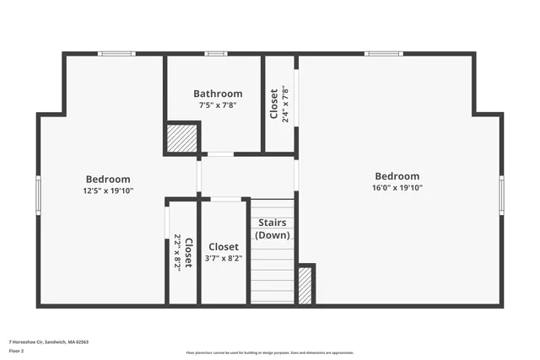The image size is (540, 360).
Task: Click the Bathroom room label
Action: coord(218,94)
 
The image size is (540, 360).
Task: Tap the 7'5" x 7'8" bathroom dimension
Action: coord(218,105)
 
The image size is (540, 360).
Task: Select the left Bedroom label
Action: coord(108,179)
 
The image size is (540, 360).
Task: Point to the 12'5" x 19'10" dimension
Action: coord(108,191)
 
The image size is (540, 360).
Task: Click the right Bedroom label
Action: coord(397,176)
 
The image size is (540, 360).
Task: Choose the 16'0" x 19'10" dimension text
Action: coord(397,188)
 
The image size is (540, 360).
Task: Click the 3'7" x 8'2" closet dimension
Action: coord(224,259)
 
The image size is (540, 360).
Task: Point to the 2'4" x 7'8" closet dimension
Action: coord(285,105)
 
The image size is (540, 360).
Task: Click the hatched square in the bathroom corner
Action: coord(181,138)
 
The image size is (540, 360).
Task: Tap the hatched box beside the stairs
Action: coord(305,286)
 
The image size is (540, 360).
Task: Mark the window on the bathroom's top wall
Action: coord(216,54)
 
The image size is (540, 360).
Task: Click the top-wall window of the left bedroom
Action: coord(116,54)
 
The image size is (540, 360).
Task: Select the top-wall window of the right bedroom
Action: coord(383,54)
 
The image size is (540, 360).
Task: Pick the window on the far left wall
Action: coord(38,195)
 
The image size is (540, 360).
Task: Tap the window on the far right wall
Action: coord(501,195)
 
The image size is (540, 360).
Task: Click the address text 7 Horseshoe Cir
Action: coord(49,342)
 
